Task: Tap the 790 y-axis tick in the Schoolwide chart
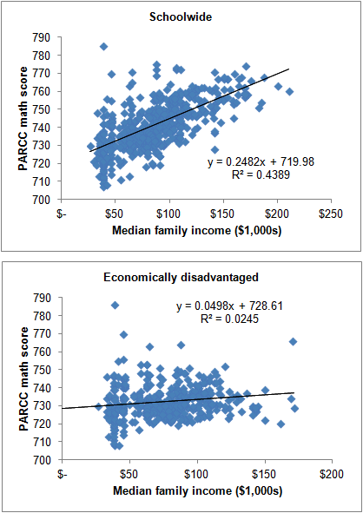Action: (40, 39)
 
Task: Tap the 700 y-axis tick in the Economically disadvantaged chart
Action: (40, 460)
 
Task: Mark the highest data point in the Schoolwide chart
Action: (103, 47)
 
